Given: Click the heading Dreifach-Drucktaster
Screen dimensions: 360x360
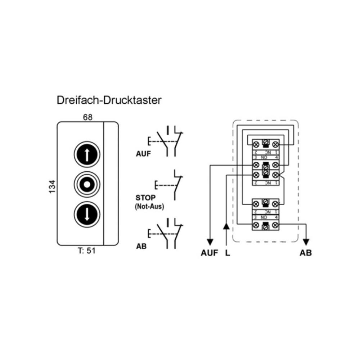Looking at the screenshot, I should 109,100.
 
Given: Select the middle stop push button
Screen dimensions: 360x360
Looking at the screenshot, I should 87,185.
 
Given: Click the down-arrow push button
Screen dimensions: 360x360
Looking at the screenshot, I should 87,215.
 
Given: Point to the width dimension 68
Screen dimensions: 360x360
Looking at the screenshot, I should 87,117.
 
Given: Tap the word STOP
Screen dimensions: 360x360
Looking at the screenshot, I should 145,198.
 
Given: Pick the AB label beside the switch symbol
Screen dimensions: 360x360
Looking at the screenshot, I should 141,247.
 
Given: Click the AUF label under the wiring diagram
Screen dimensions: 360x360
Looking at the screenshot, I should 210,253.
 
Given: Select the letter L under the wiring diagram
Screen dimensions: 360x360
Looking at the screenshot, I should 227,253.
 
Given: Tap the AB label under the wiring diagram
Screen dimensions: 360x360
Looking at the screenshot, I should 306,253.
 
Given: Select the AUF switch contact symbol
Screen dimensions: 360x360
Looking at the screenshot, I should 169,141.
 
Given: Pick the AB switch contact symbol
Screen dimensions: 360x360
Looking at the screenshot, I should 169,234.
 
